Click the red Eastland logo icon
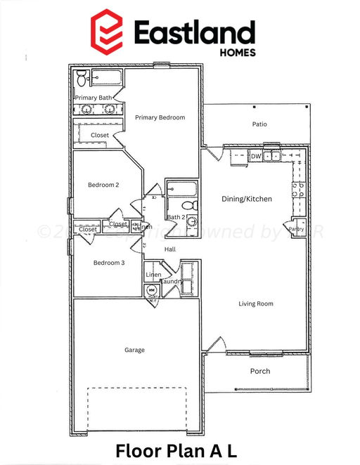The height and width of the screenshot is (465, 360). [107, 30]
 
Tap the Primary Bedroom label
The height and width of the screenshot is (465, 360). [160, 118]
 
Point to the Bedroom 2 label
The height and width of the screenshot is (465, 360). [103, 185]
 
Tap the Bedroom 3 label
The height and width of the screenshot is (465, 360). [109, 263]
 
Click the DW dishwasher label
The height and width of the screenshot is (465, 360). [257, 156]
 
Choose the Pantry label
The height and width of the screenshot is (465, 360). [296, 228]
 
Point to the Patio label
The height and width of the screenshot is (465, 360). [259, 124]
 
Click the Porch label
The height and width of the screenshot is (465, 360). [260, 371]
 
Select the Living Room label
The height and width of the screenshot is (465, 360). [255, 303]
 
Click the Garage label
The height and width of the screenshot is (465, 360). [134, 350]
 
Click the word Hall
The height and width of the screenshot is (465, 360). [169, 249]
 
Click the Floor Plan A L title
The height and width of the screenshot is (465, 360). [180, 450]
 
